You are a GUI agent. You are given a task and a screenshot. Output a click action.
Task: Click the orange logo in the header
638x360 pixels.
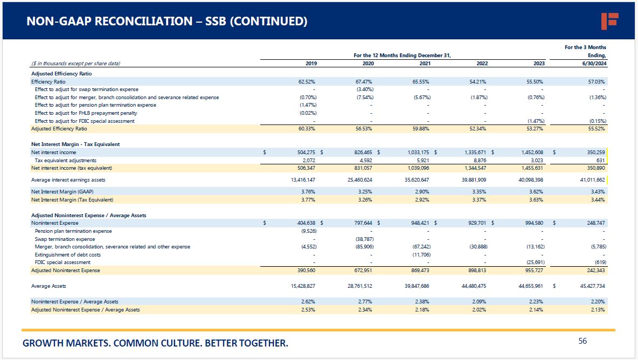point(609,21)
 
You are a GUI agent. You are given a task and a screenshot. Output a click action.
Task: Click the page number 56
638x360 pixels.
point(582,341)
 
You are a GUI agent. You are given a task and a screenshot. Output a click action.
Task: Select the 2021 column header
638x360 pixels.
point(425,64)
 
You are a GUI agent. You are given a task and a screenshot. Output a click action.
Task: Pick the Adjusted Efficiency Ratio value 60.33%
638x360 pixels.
point(308,129)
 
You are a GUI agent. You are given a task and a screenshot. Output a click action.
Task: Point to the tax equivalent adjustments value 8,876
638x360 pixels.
point(479,160)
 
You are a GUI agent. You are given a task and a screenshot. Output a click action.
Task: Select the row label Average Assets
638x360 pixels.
point(48,286)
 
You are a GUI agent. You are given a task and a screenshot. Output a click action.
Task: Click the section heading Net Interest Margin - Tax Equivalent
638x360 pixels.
point(75,144)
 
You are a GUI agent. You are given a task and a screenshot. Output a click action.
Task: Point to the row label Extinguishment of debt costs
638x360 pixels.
point(67,254)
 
